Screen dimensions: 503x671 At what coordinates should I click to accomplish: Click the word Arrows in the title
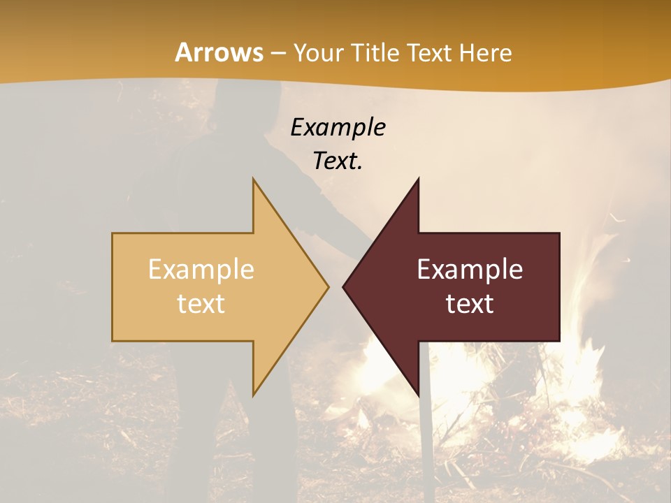219,52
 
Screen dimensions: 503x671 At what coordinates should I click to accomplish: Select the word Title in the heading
379,52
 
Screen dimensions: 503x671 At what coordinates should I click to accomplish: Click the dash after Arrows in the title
277,53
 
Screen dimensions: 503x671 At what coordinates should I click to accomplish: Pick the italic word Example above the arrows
338,127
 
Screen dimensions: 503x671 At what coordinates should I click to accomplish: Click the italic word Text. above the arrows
338,161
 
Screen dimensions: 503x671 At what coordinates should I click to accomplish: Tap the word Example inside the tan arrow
201,270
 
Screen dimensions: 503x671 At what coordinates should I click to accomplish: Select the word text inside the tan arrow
201,303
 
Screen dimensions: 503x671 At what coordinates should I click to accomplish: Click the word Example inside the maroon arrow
470,270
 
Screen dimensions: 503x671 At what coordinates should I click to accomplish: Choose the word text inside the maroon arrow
470,303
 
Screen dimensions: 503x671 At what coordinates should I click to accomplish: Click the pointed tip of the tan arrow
328,286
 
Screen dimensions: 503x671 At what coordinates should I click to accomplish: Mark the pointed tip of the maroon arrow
344,286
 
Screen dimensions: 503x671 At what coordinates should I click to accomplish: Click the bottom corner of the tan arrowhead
254,395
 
